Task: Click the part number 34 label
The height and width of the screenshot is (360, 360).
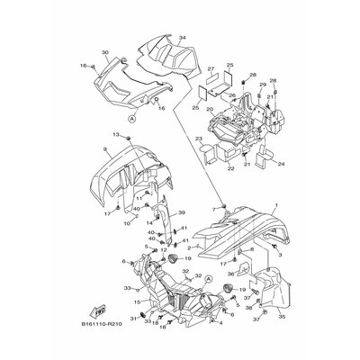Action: [x=181, y=38]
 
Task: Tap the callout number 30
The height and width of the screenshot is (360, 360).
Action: [x=104, y=54]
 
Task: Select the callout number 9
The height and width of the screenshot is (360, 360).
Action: [x=105, y=148]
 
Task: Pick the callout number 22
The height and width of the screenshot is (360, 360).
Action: [x=205, y=168]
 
